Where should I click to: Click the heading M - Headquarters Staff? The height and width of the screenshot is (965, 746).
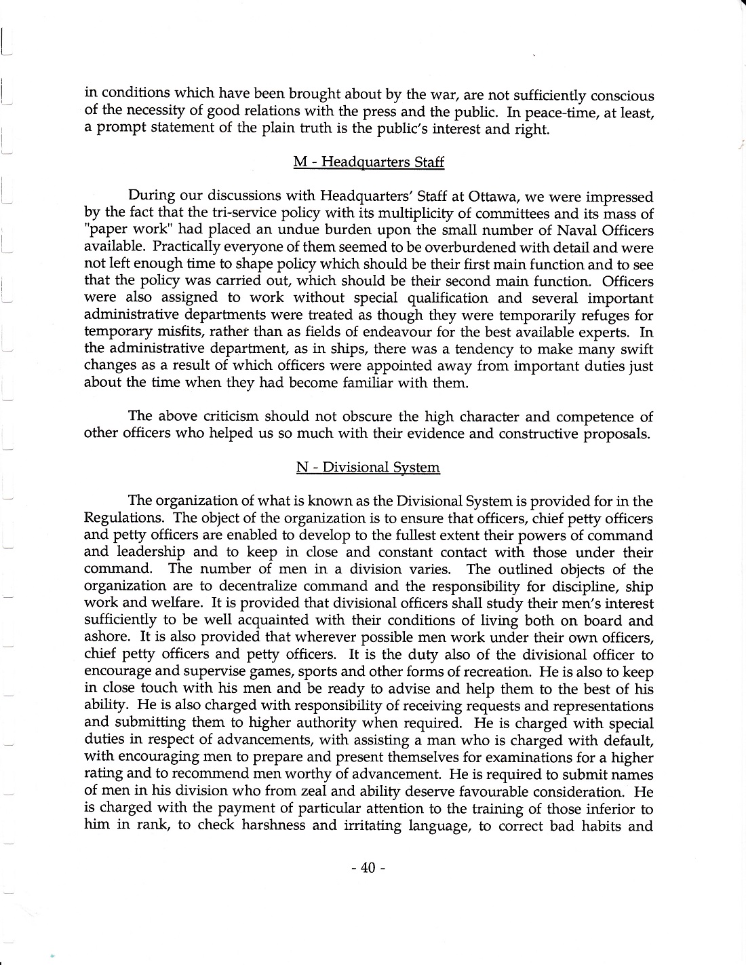[368, 162]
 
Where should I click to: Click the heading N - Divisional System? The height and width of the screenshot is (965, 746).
[368, 468]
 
